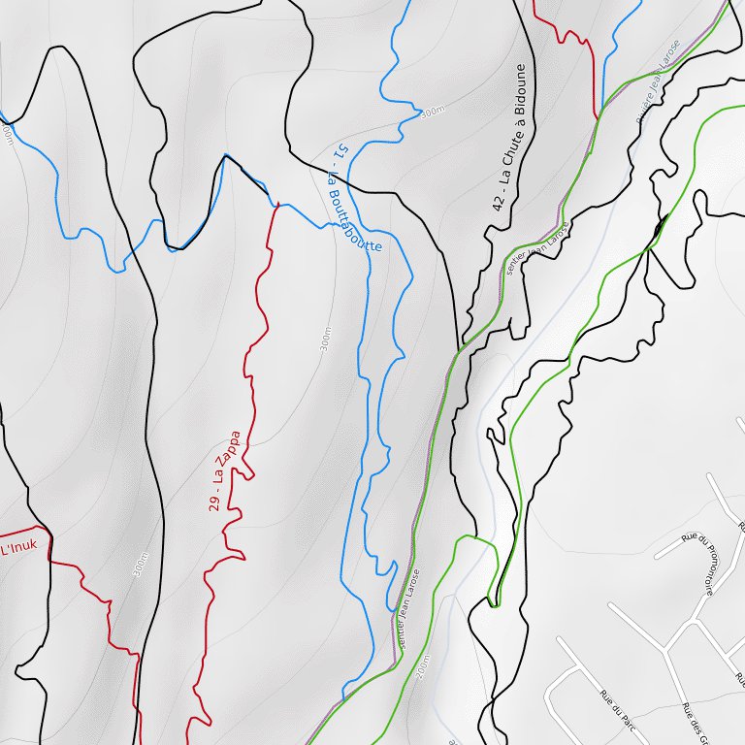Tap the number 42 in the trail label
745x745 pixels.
(x=499, y=202)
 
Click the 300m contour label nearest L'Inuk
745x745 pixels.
(x=140, y=566)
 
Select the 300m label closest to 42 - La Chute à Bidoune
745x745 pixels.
(x=432, y=113)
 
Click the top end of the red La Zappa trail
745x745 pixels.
(x=277, y=205)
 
